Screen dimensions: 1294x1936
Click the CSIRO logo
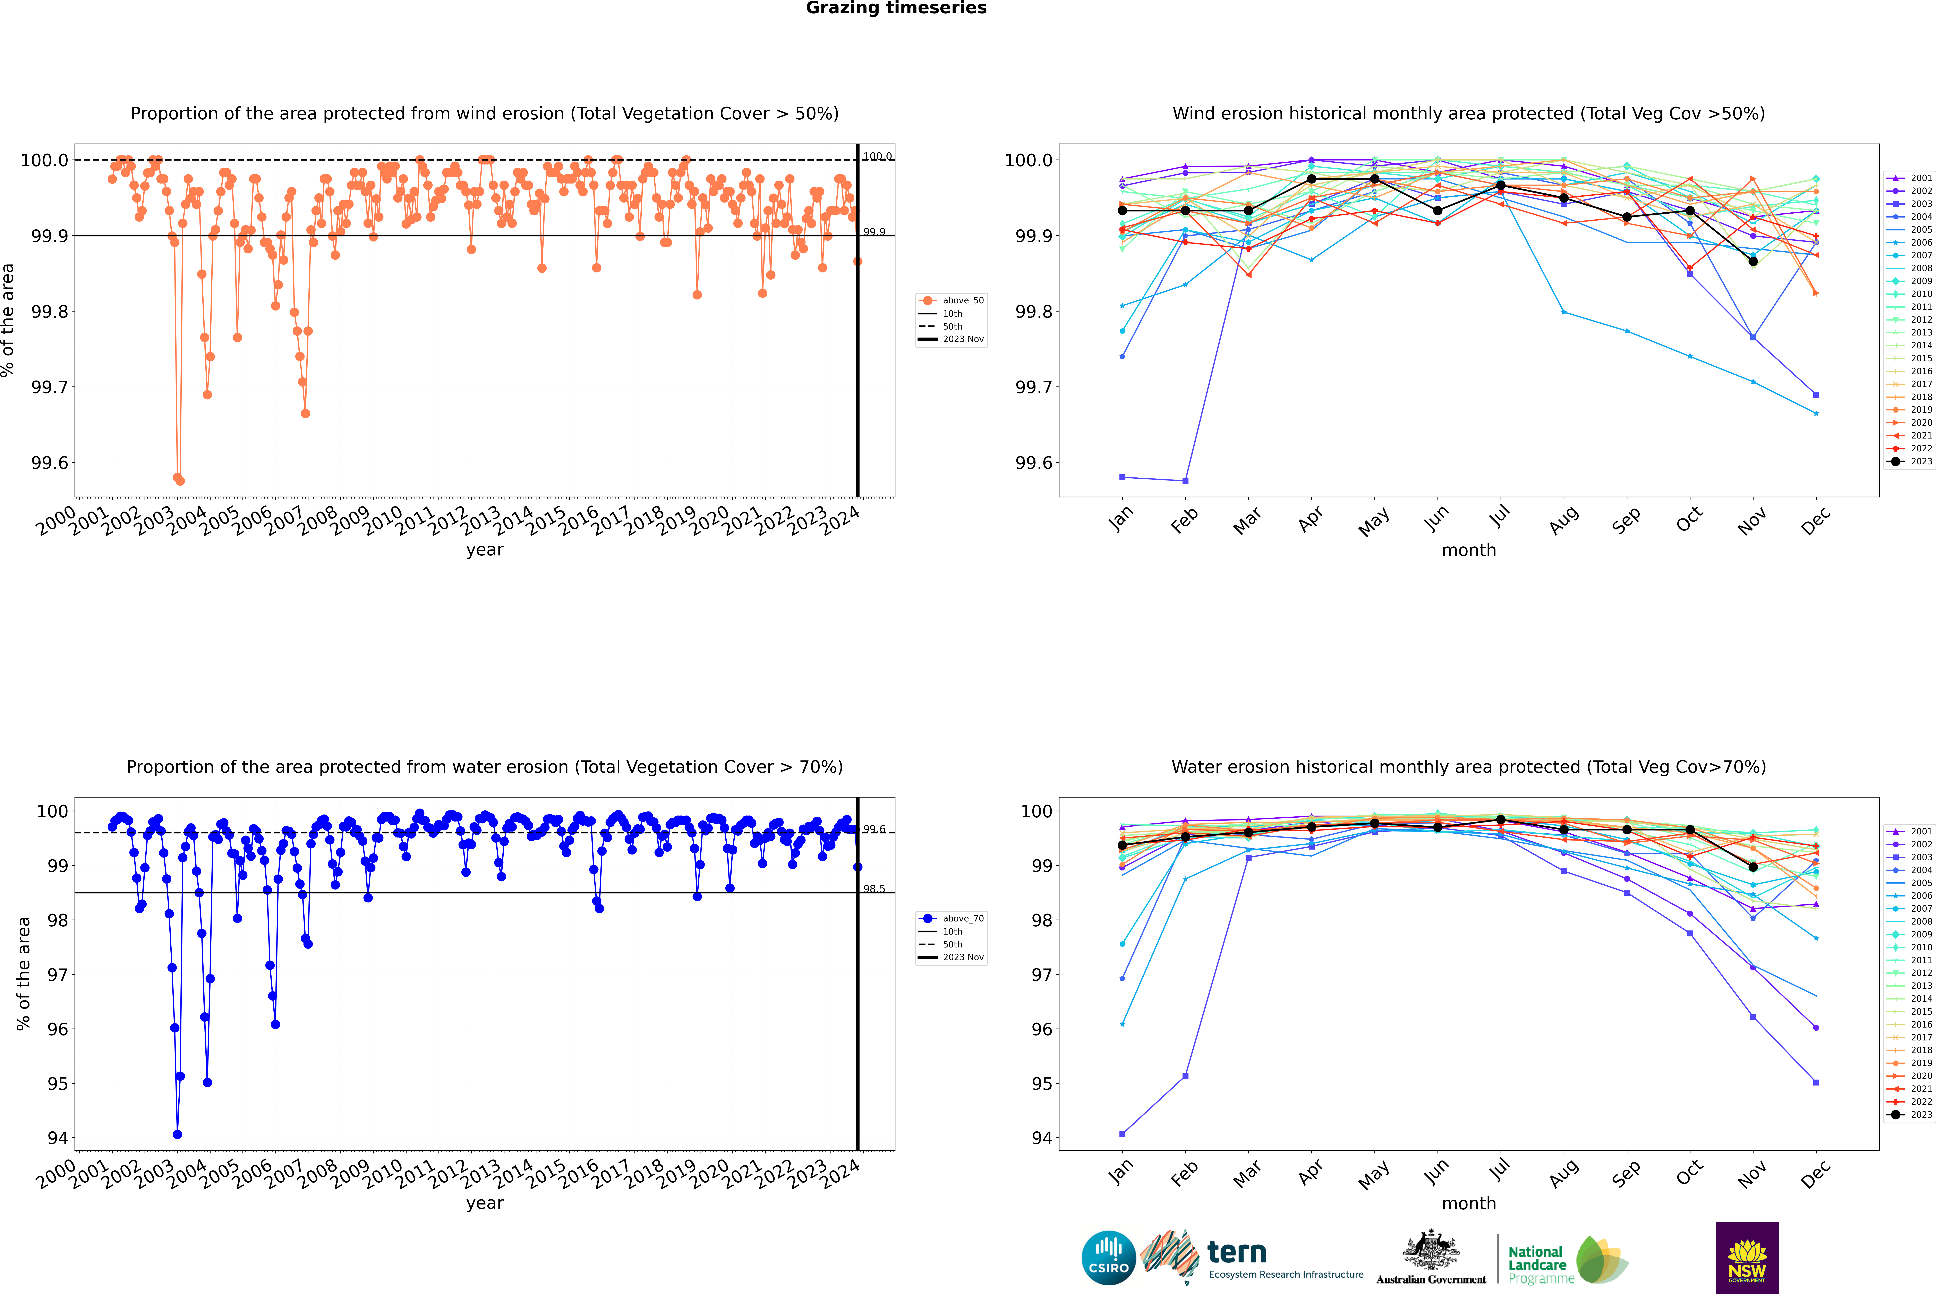point(1108,1258)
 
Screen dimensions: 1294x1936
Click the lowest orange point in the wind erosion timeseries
point(180,480)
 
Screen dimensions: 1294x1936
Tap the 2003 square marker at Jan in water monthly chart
point(1122,1134)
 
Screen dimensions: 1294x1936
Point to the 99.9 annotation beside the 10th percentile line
point(874,232)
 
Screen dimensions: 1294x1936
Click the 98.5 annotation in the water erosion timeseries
point(874,889)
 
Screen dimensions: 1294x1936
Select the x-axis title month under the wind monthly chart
point(1468,550)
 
